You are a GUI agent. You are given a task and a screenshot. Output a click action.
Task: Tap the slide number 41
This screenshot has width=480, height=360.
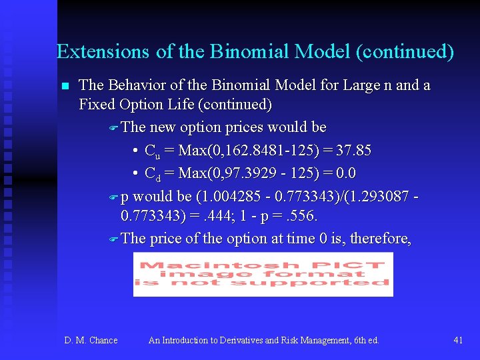click(458, 340)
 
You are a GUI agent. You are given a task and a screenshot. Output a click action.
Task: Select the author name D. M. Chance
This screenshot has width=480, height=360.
click(91, 340)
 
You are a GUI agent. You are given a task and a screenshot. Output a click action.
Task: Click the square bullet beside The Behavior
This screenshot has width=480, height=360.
click(65, 86)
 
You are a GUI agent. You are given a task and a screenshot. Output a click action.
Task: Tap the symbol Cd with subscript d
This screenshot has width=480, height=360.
click(151, 174)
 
